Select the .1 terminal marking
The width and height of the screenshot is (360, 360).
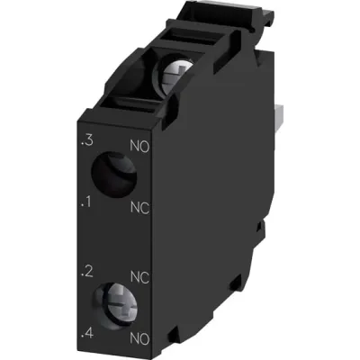click(85, 203)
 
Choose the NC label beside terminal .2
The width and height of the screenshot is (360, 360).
click(139, 274)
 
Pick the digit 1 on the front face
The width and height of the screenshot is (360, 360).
click(87, 203)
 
